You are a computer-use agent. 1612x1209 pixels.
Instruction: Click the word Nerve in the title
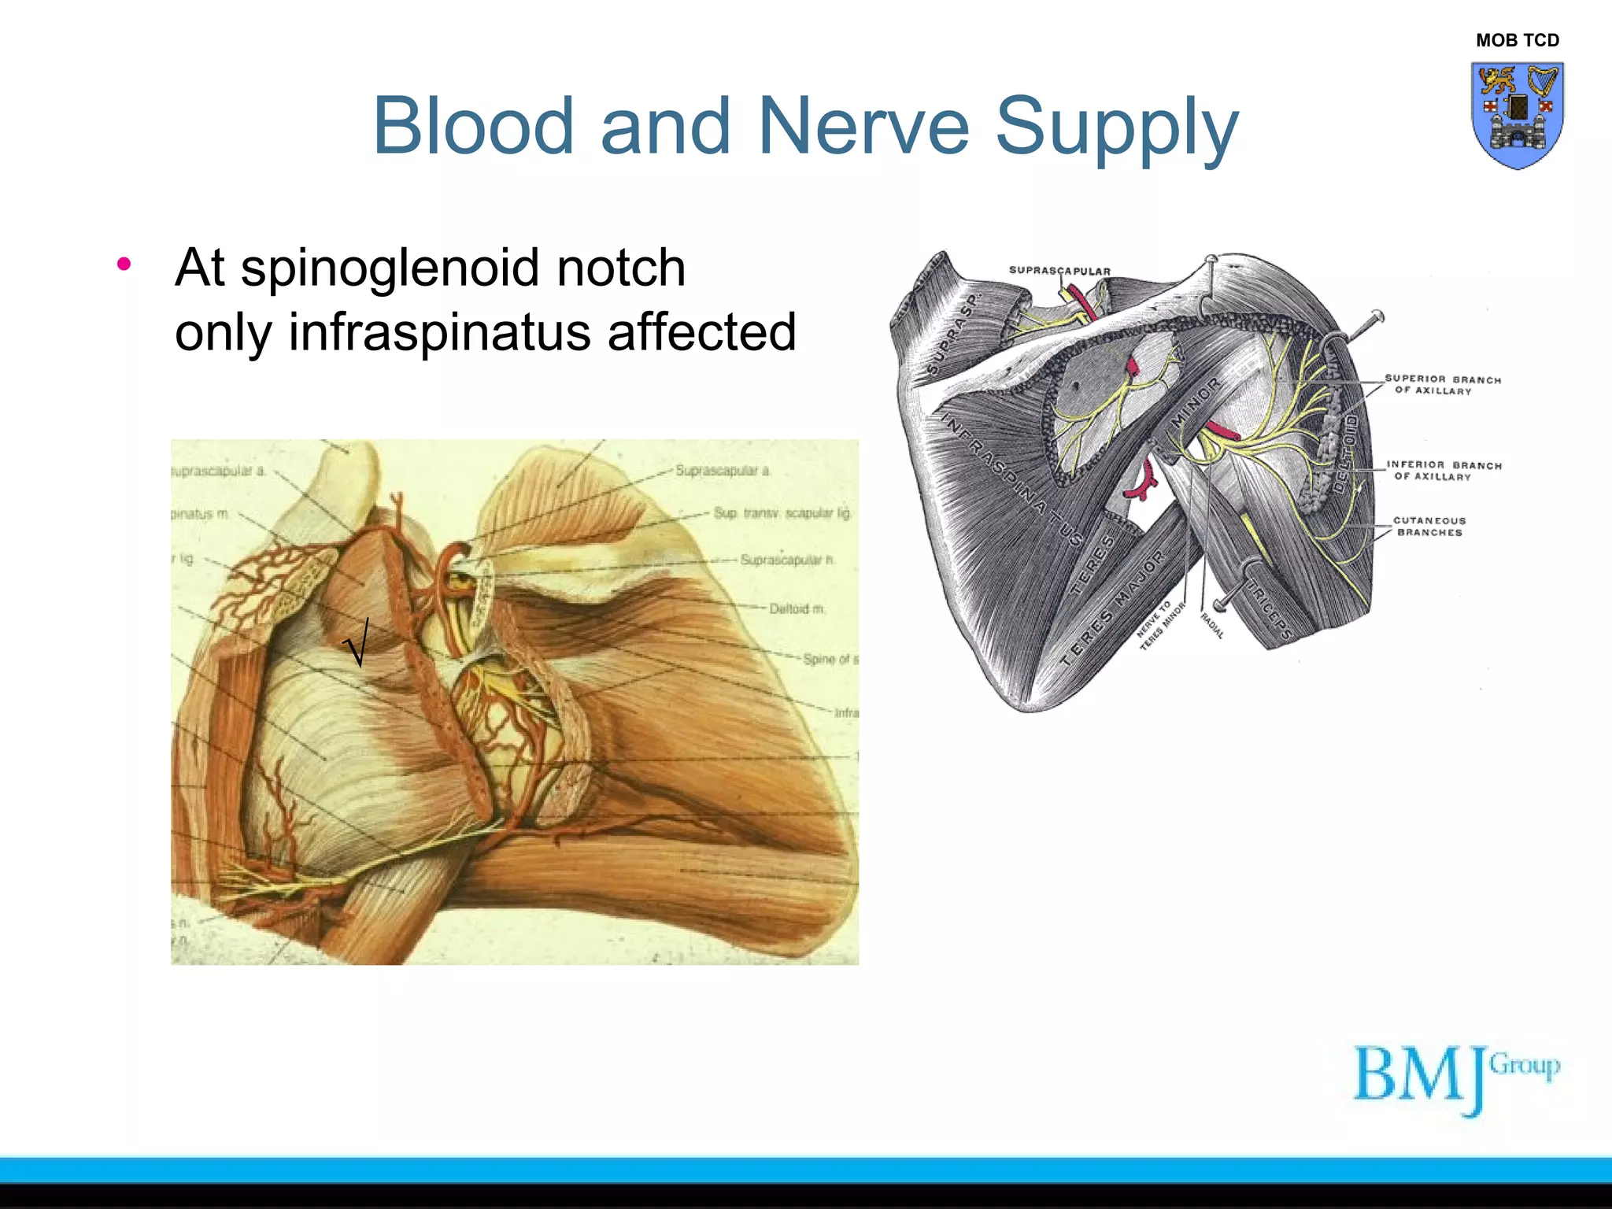[863, 126]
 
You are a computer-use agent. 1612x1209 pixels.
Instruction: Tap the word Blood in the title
[472, 126]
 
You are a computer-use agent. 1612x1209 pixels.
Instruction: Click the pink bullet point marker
[124, 265]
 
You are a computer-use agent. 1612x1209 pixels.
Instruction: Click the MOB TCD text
[1517, 40]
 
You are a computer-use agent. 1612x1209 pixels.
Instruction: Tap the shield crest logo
[1517, 115]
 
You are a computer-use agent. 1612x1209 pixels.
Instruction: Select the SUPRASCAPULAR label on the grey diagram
[1059, 271]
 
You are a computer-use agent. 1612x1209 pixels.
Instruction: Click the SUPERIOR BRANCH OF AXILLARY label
[1442, 385]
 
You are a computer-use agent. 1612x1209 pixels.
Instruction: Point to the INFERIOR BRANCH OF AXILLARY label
[1443, 471]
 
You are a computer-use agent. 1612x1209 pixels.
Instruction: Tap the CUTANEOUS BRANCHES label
[1429, 527]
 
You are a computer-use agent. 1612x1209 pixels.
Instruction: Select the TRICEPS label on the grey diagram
[1269, 611]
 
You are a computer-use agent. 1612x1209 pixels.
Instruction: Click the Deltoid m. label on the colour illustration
[797, 608]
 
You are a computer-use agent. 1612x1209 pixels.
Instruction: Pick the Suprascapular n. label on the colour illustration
[787, 560]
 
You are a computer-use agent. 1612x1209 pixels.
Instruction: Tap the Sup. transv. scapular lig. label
[782, 512]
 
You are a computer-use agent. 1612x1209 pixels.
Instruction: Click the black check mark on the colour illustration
[357, 641]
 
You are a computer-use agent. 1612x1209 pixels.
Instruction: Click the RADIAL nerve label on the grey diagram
[1212, 626]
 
